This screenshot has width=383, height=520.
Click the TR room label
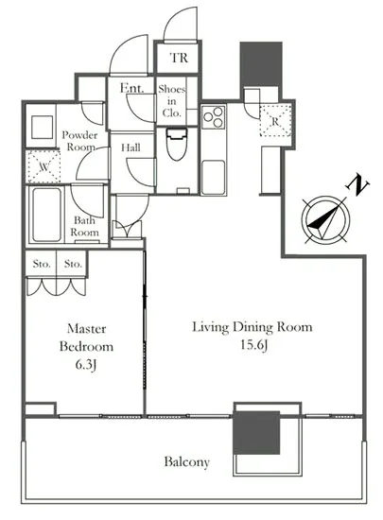tap(179, 58)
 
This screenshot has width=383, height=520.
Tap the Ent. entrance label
tap(132, 88)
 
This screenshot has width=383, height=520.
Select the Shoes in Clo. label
tap(172, 101)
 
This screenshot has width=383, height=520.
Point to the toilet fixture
tap(177, 145)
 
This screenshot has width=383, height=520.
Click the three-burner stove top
tap(214, 116)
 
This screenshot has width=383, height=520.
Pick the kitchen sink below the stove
tap(213, 176)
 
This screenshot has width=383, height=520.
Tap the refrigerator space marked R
tap(275, 121)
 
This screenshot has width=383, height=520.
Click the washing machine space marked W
tap(44, 166)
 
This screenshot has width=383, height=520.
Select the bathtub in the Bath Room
tap(46, 215)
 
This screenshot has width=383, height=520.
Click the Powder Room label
tap(80, 141)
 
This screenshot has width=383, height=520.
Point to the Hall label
tap(131, 147)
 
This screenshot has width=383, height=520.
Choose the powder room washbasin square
tap(43, 127)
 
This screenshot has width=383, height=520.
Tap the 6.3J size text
tap(86, 365)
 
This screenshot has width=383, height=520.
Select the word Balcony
tap(187, 462)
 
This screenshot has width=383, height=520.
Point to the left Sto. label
tap(42, 265)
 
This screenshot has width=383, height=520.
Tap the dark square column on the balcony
tap(256, 433)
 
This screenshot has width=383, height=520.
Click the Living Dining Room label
tap(252, 327)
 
